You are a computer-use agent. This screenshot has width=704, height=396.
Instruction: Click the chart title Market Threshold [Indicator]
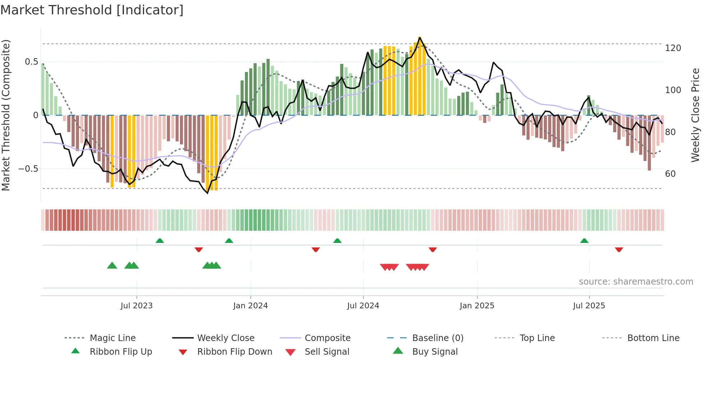pos(92,10)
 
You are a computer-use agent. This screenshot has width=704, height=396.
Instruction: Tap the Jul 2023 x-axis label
pos(136,306)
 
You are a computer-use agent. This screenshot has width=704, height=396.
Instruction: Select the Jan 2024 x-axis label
pos(250,306)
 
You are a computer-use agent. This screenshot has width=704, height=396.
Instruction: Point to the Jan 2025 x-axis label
pos(477,306)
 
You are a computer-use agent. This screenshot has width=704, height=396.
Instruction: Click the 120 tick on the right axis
pos(673,48)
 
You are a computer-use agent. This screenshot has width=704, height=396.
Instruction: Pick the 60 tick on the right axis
pos(670,174)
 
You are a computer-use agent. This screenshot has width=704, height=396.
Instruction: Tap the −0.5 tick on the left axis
pos(28,169)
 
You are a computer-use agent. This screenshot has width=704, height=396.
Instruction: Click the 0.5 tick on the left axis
pos(31,62)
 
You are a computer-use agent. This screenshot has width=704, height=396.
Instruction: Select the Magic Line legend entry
pos(112,338)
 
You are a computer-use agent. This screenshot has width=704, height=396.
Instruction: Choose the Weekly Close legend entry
pos(226,338)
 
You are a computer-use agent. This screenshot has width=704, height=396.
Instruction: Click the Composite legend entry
pos(328,338)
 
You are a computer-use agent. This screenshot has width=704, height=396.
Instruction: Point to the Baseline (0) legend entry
pos(437,338)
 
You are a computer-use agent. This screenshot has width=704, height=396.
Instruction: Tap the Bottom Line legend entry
pos(653,338)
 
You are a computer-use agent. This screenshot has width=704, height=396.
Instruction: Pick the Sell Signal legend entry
pos(327,352)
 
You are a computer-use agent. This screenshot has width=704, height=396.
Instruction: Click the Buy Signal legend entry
pos(435,352)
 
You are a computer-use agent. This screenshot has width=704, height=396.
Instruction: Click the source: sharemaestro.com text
pos(636,282)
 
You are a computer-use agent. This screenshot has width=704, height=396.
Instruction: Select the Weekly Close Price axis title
pos(695,115)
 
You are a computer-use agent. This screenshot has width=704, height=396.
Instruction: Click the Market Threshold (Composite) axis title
pos(6,115)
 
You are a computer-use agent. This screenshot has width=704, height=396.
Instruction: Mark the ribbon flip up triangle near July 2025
pos(584,241)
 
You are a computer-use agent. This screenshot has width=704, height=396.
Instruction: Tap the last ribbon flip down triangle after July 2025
pos(619,249)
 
